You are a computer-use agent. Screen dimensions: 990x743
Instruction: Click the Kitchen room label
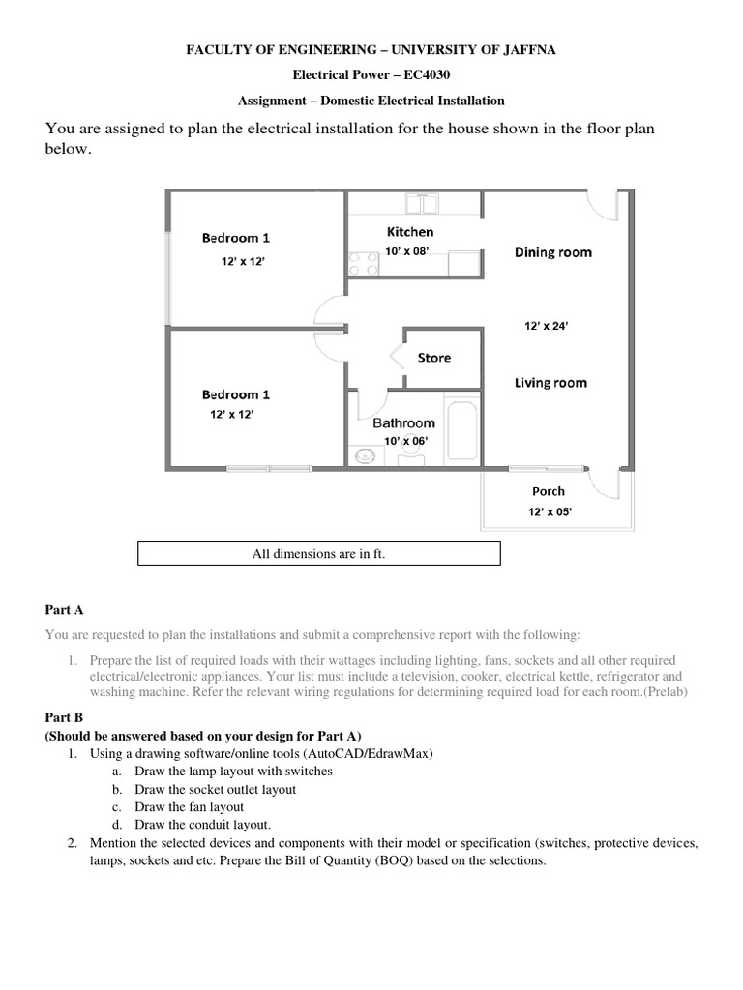pos(410,232)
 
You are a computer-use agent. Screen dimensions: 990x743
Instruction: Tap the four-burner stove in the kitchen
pos(363,264)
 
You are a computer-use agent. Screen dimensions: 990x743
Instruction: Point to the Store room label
pos(433,358)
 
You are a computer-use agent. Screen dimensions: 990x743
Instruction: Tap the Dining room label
pos(552,252)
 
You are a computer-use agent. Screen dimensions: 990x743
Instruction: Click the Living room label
pos(550,383)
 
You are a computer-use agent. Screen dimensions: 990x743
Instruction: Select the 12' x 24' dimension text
pos(547,327)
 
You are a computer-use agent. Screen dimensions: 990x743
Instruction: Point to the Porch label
pos(549,491)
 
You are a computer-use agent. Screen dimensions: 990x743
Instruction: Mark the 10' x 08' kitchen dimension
pos(406,250)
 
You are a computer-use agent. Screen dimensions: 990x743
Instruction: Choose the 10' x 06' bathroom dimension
pos(404,441)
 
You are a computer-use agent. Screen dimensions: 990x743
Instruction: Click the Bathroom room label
pos(404,422)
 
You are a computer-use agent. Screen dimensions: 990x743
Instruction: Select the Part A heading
pos(64,610)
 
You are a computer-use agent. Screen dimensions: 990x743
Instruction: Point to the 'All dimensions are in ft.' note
pos(319,554)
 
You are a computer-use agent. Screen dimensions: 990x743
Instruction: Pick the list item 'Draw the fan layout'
pos(189,806)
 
